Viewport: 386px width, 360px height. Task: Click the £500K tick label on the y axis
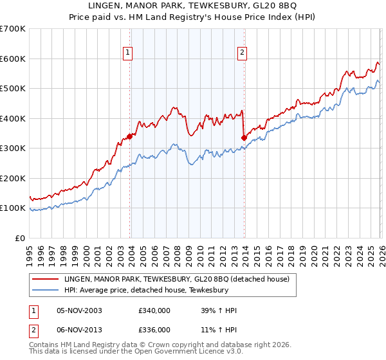click(x=12, y=88)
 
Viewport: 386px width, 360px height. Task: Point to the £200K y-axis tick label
click(x=12, y=178)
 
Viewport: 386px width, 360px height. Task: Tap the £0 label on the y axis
click(x=19, y=238)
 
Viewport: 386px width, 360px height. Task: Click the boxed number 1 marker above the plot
click(x=128, y=53)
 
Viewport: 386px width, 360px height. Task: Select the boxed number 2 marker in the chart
click(x=242, y=53)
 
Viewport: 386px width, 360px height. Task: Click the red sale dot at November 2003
click(x=130, y=136)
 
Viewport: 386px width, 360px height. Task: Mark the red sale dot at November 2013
click(x=244, y=137)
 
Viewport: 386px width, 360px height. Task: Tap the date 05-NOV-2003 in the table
click(x=80, y=311)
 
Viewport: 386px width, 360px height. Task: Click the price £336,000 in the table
click(x=154, y=330)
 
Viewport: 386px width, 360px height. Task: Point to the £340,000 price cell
click(x=154, y=311)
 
